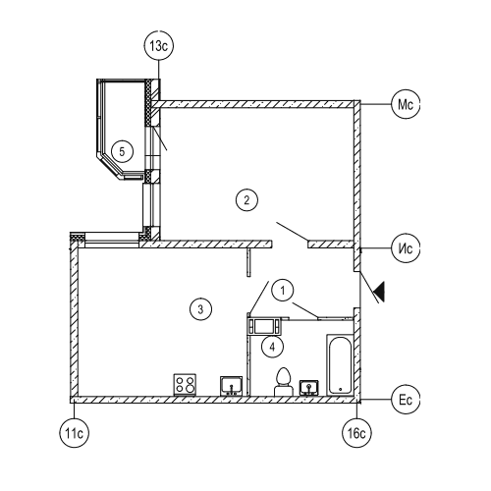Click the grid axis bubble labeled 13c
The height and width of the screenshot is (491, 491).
pyautogui.click(x=158, y=46)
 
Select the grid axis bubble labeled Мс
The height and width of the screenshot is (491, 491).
pyautogui.click(x=406, y=105)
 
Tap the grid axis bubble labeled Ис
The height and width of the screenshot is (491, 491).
pyautogui.click(x=406, y=248)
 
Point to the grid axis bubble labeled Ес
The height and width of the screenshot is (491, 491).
pyautogui.click(x=406, y=400)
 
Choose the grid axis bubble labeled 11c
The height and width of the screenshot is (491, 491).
pyautogui.click(x=75, y=433)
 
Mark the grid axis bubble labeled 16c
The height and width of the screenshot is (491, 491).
pyautogui.click(x=356, y=433)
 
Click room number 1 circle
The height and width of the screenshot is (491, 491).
pyautogui.click(x=283, y=291)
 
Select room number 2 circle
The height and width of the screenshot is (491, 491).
pyautogui.click(x=246, y=200)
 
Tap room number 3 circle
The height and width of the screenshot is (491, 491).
pyautogui.click(x=200, y=309)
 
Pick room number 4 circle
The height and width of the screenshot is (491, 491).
pyautogui.click(x=272, y=347)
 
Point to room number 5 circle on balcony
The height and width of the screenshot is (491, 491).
pyautogui.click(x=122, y=151)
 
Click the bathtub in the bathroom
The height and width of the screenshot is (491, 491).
pyautogui.click(x=340, y=365)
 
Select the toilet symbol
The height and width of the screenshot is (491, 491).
pyautogui.click(x=284, y=382)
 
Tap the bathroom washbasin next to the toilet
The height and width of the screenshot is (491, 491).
pyautogui.click(x=309, y=388)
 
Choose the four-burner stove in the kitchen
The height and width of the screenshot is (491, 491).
pyautogui.click(x=185, y=385)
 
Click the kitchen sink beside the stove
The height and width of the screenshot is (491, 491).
pyautogui.click(x=232, y=386)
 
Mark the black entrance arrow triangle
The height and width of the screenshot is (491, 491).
pyautogui.click(x=379, y=291)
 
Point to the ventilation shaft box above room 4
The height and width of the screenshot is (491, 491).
pyautogui.click(x=264, y=326)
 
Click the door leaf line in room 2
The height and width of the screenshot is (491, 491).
pyautogui.click(x=292, y=231)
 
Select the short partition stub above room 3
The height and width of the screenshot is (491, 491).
pyautogui.click(x=248, y=262)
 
